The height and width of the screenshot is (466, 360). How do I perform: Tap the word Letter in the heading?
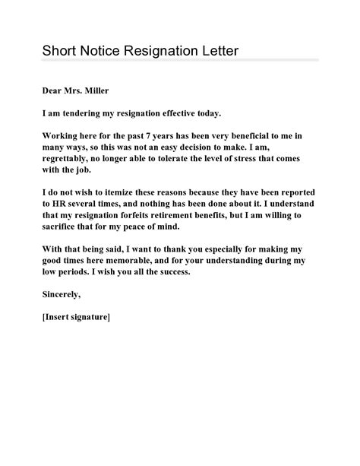click(215, 51)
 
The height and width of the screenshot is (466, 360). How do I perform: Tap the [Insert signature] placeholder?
click(76, 316)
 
